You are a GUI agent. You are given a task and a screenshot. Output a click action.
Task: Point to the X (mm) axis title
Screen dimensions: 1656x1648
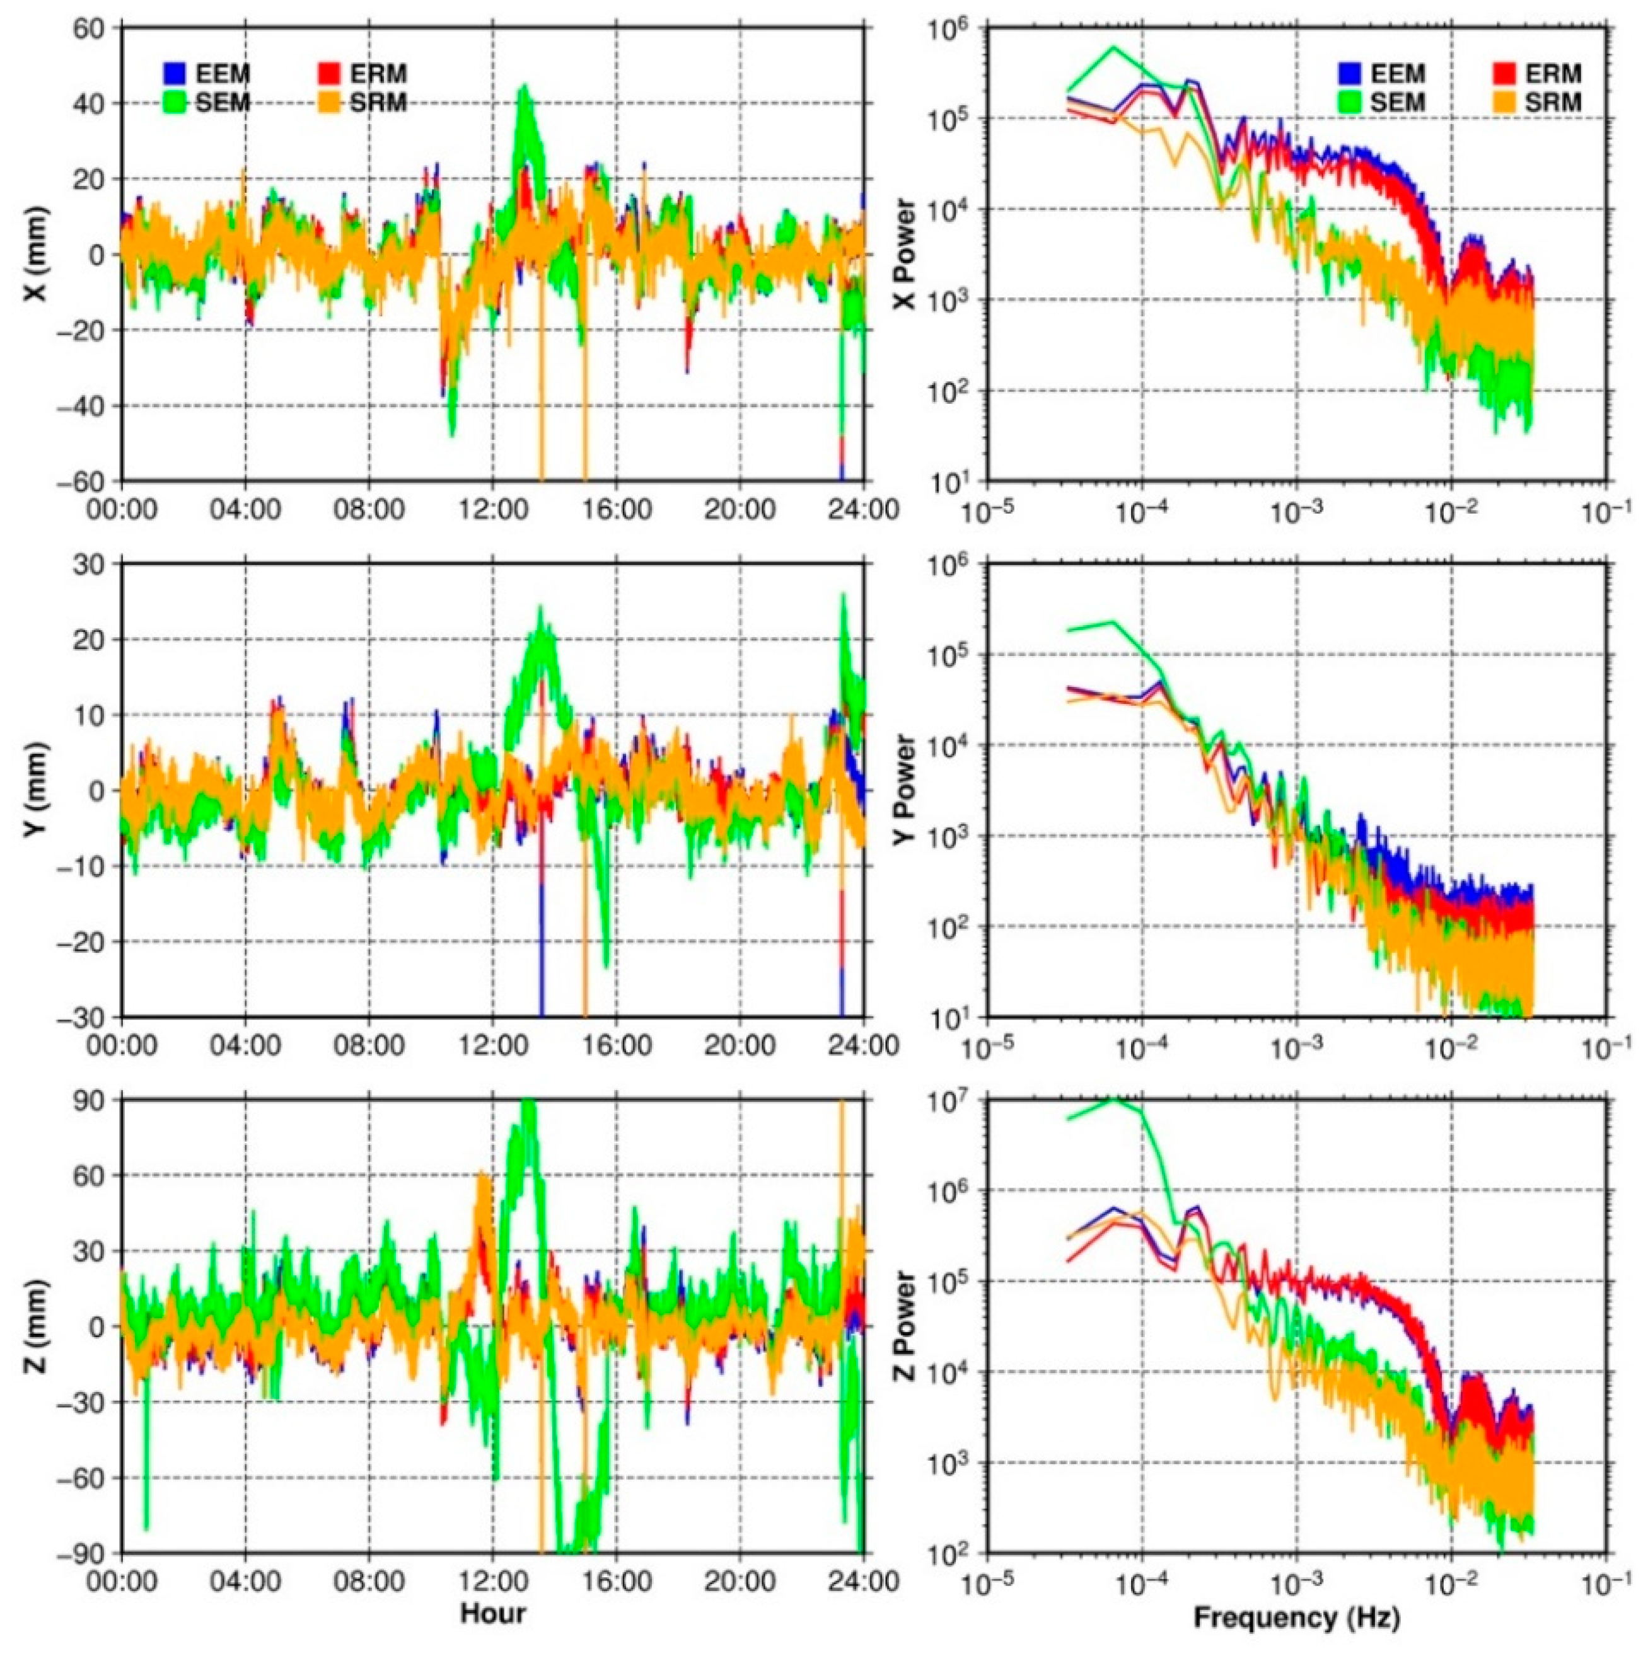37,255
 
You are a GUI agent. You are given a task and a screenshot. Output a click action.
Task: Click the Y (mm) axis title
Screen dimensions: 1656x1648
37,790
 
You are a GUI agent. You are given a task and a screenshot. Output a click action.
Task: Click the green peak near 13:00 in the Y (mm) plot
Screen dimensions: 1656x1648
541,610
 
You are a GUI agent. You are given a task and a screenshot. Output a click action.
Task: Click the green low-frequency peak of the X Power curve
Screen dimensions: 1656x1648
1114,48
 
